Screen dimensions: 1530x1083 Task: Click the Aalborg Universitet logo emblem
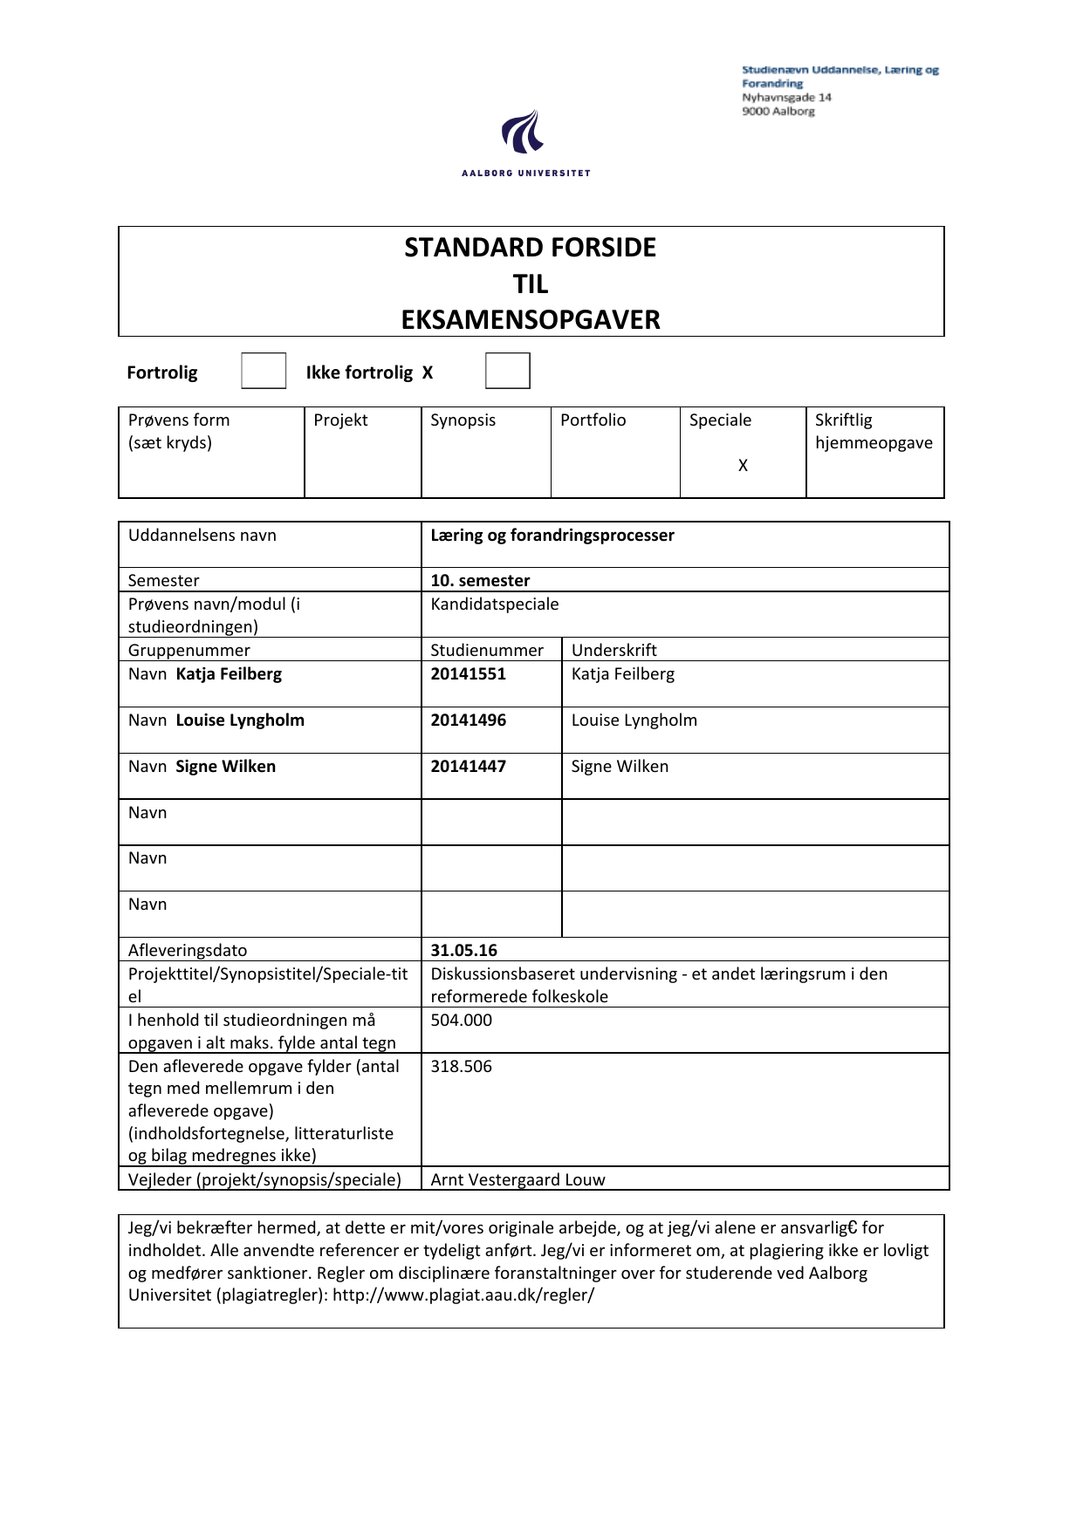[x=524, y=133]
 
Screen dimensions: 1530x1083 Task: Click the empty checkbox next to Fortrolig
[x=264, y=371]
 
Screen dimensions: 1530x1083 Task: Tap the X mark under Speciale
[x=743, y=466]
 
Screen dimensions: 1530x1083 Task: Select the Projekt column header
[x=340, y=420]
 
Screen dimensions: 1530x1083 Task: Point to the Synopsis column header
[x=463, y=420]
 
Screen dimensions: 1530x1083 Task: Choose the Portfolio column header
[x=593, y=420]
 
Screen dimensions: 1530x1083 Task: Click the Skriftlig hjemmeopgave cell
[x=874, y=432]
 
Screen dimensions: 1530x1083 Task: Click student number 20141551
[x=468, y=674]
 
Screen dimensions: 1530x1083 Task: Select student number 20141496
[x=468, y=721]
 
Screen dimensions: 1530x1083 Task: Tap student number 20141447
[x=468, y=767]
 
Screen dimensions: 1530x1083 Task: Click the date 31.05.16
[x=463, y=951]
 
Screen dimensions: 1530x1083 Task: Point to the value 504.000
[x=461, y=1021]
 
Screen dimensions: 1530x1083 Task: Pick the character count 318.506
[x=461, y=1067]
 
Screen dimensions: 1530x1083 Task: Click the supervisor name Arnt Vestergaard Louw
[x=518, y=1180]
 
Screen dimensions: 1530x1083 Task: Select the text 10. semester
[x=480, y=581]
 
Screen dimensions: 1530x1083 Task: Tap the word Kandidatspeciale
[x=494, y=604]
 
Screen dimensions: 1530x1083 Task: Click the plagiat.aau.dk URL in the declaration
[x=463, y=1295]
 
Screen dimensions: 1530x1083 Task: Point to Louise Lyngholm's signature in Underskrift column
[x=634, y=721]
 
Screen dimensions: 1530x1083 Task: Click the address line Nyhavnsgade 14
[x=786, y=98]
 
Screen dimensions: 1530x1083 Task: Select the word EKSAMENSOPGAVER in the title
[x=531, y=320]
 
